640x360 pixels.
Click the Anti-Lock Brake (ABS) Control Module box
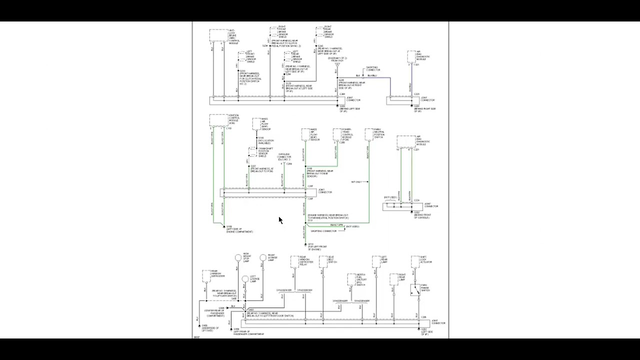coord(218,35)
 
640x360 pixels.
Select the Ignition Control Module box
coord(218,120)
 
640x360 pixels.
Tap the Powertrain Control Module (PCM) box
coord(337,134)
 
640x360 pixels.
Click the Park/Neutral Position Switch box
coord(369,134)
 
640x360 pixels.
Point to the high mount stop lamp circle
coord(238,257)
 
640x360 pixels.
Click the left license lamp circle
coord(245,279)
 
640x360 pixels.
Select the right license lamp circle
coord(263,257)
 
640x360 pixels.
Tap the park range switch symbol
coord(415,290)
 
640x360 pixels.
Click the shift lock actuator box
coord(415,261)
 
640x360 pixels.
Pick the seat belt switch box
coord(323,261)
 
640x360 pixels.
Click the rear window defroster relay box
coord(294,261)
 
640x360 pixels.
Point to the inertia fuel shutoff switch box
coord(351,279)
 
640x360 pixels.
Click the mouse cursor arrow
coord(280,220)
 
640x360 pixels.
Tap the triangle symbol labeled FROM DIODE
coord(337,64)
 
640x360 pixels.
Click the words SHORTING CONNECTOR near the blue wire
coord(372,69)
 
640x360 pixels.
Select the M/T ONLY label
coord(356,182)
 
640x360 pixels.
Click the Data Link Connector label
coord(284,157)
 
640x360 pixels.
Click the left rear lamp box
coord(376,261)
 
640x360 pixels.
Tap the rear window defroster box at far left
coord(206,275)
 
